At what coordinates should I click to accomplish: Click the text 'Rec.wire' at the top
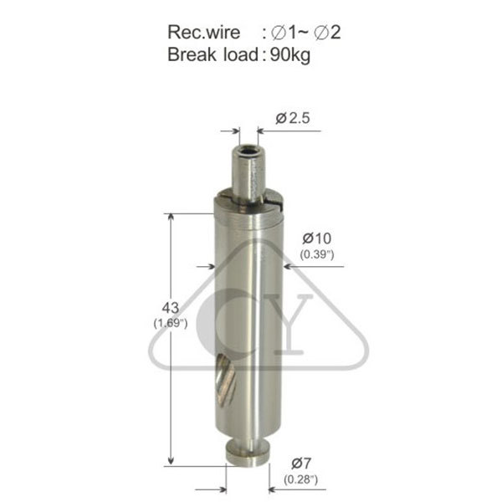203,33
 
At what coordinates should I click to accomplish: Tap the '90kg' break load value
290,55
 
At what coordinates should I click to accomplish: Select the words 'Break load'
213,54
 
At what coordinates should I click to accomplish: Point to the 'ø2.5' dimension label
293,119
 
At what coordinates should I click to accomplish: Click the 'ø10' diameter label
317,238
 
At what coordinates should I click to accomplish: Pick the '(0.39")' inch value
317,255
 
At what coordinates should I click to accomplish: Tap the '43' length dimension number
171,308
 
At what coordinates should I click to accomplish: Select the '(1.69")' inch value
171,323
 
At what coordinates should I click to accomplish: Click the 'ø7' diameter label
301,464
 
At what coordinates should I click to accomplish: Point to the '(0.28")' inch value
300,479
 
